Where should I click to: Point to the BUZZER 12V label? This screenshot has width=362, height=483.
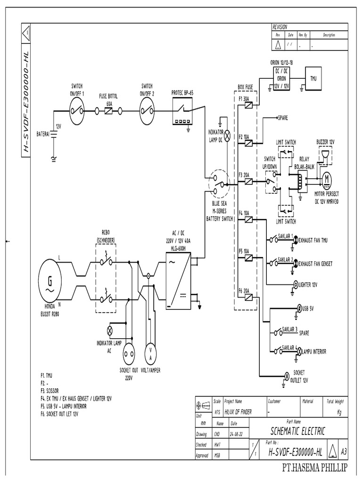(x=325, y=142)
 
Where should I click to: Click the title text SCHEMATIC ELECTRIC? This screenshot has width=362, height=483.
(x=297, y=431)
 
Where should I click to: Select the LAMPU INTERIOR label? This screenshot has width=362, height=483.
(x=314, y=351)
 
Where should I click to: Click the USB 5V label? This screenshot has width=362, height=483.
(x=309, y=308)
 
